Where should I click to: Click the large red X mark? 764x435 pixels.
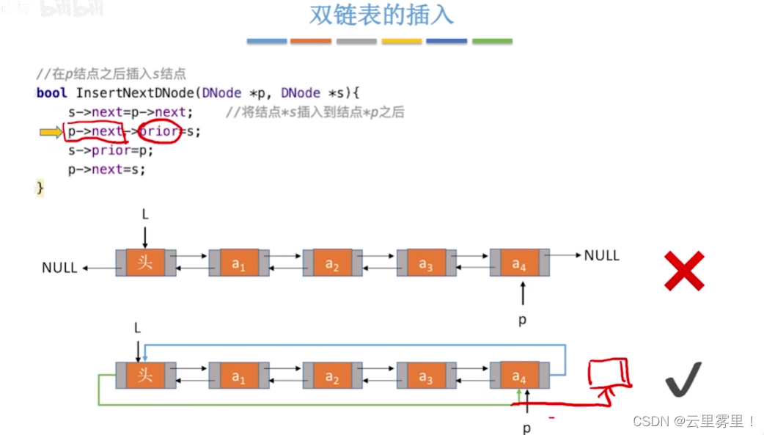(x=683, y=271)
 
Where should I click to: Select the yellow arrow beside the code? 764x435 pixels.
(x=51, y=132)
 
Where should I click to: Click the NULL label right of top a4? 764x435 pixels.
(x=601, y=255)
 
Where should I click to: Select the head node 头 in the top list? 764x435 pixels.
(x=145, y=262)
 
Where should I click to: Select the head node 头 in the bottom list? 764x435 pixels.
(x=145, y=375)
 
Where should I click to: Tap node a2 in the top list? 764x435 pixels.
(x=332, y=263)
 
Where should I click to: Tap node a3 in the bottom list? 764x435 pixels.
(x=425, y=376)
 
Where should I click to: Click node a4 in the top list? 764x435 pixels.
(x=518, y=263)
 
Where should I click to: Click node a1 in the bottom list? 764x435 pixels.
(x=239, y=376)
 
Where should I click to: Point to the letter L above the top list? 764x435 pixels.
(x=145, y=214)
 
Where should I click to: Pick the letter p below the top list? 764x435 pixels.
(x=522, y=320)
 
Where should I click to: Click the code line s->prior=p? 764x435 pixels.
(x=111, y=150)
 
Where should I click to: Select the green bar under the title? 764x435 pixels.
(x=492, y=41)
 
